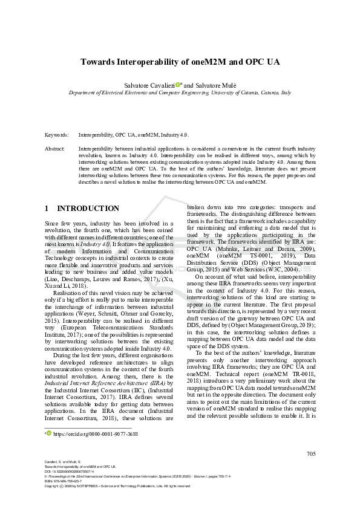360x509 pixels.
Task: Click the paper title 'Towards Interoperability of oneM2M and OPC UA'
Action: coord(180,62)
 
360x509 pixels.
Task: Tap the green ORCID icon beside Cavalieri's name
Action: coord(178,85)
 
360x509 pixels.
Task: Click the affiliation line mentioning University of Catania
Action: coord(180,94)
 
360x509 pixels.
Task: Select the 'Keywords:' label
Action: coord(56,134)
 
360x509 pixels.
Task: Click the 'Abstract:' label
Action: coord(55,148)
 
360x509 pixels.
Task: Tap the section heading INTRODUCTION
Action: coord(88,209)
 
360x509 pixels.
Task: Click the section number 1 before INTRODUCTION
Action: coord(47,209)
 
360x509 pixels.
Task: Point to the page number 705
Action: coord(310,454)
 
